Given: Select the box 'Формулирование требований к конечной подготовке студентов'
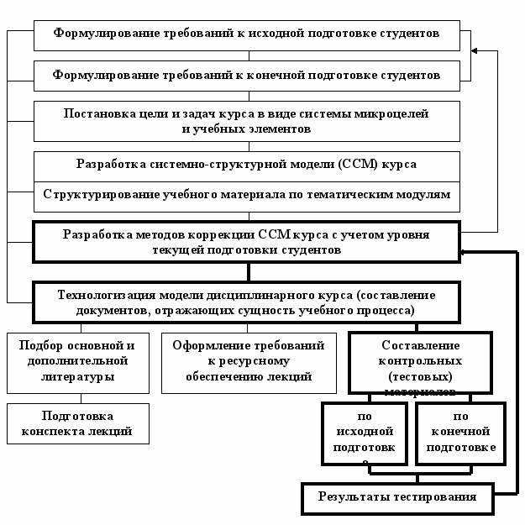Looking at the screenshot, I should pos(247,75).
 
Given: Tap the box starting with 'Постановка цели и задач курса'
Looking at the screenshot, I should pos(247,121).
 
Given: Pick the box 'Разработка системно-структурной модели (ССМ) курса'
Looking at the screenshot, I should pos(247,164).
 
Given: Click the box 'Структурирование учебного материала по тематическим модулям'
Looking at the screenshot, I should pos(247,195).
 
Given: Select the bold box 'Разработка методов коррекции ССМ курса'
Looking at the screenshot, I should pos(247,242).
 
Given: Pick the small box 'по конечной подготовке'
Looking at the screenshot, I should pos(459,433).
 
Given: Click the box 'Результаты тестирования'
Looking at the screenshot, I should pos(397,497).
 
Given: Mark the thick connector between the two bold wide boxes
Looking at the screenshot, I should pos(248,271).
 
